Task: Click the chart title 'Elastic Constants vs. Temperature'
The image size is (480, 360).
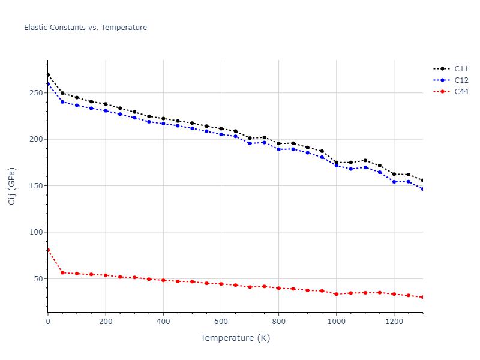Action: [x=85, y=28]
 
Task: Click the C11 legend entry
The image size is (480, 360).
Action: [x=461, y=69]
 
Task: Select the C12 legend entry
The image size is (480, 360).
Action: [x=461, y=80]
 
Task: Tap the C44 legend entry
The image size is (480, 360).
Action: [x=461, y=92]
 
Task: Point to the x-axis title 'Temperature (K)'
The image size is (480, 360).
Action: [x=235, y=338]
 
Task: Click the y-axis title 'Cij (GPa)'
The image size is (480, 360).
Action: [x=12, y=186]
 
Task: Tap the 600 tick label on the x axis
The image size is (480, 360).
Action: [x=221, y=322]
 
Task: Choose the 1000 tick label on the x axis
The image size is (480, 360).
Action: [x=336, y=322]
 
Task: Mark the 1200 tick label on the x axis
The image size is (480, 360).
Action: [x=394, y=322]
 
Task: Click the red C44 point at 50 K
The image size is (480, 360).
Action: [x=62, y=272]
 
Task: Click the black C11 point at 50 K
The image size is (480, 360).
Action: [x=62, y=93]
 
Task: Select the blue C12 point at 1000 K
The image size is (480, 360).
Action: [x=336, y=165]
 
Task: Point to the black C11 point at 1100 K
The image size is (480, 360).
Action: [x=365, y=160]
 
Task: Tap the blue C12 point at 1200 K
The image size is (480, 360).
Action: [x=394, y=181]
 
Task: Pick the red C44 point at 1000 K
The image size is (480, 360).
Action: [x=336, y=294]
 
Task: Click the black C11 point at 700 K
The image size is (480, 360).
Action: [x=250, y=138]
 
